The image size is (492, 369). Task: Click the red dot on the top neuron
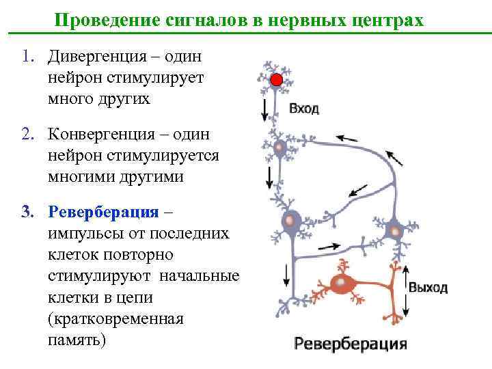(x=275, y=81)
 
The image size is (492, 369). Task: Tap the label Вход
(x=304, y=109)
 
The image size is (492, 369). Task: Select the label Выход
(x=428, y=287)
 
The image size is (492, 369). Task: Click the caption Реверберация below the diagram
(x=351, y=343)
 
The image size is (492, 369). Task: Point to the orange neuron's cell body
(x=339, y=282)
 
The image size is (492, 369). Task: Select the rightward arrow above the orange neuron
(x=329, y=247)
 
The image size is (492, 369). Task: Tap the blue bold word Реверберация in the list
(x=102, y=211)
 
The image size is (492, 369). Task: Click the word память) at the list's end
(x=77, y=340)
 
